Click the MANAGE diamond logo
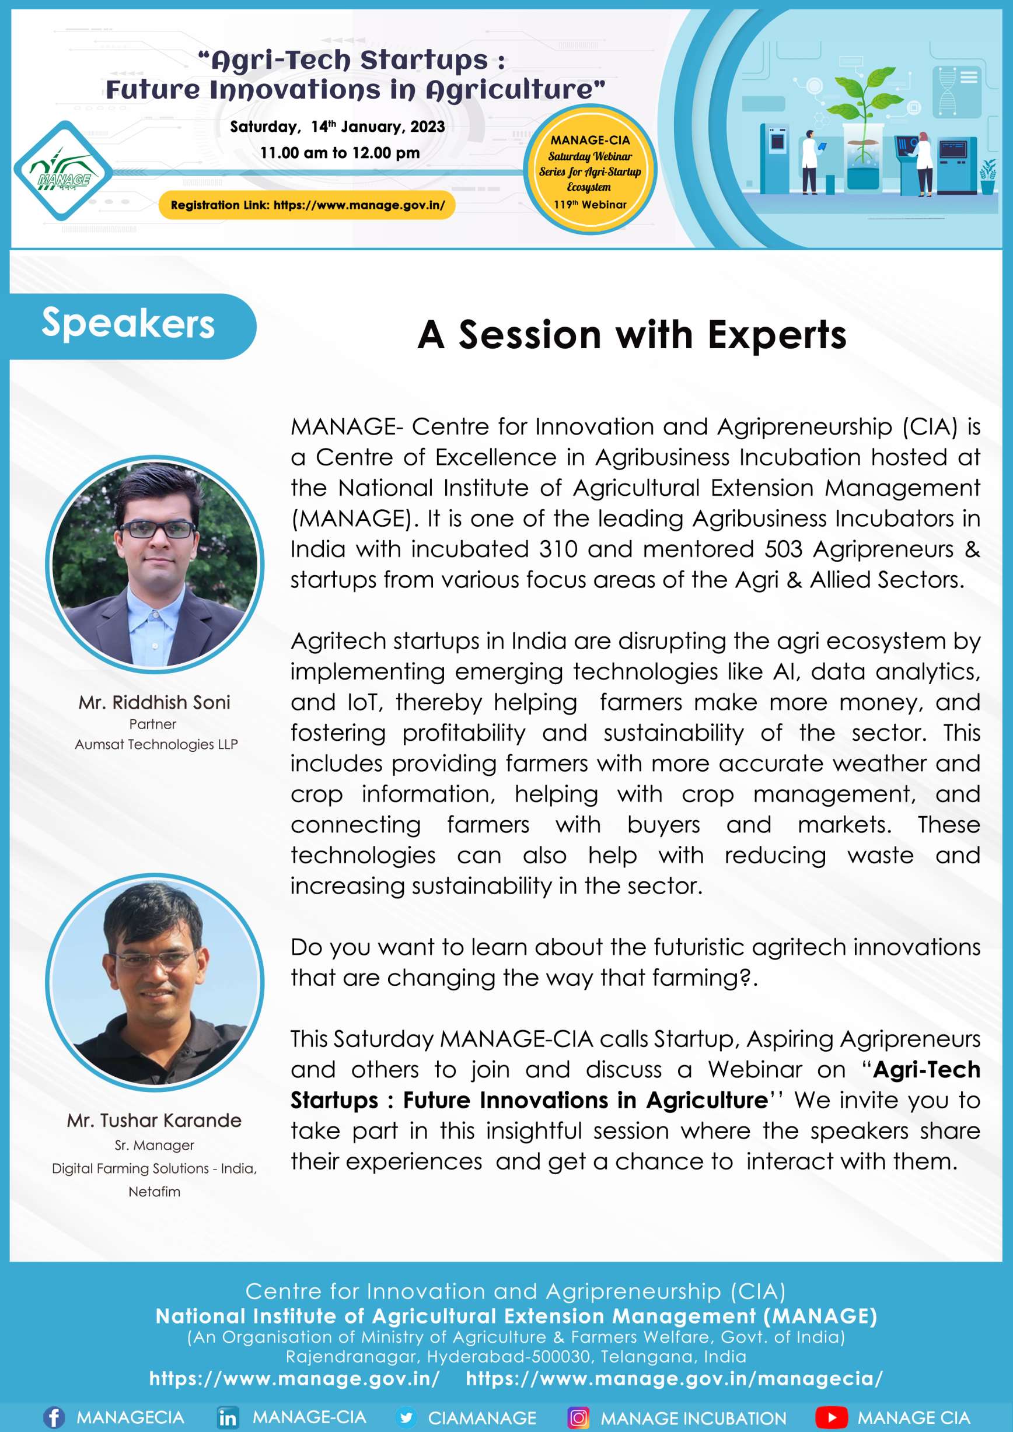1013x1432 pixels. point(64,170)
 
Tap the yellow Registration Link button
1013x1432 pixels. point(307,205)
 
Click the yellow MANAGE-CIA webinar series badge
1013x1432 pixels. point(589,170)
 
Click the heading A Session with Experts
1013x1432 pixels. point(632,335)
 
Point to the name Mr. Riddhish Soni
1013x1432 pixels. point(154,702)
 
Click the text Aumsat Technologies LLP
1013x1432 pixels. point(156,744)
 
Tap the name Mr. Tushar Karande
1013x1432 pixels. point(154,1120)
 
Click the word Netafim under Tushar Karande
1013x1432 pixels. point(154,1191)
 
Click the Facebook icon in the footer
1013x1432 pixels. point(54,1417)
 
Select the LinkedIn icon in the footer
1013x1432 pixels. point(228,1417)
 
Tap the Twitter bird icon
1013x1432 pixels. point(406,1417)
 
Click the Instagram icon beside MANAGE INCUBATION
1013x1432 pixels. point(578,1417)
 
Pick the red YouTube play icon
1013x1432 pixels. point(832,1417)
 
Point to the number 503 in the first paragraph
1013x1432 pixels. point(784,549)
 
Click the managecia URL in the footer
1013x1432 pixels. point(675,1378)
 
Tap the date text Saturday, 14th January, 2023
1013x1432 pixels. point(337,127)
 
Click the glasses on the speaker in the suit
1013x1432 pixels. point(158,530)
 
